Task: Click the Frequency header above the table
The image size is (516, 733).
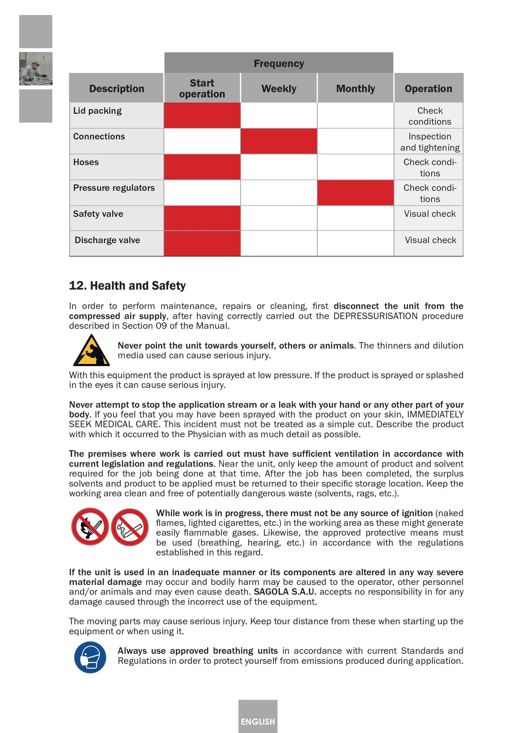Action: [x=279, y=63]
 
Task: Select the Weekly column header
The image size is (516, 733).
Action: [x=279, y=88]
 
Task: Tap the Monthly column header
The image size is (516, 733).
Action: [x=355, y=88]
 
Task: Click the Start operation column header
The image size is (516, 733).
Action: [x=202, y=88]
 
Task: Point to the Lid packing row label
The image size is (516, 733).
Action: [x=97, y=111]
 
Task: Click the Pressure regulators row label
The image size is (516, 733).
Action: [x=114, y=188]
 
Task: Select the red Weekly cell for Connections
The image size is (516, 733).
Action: [x=279, y=141]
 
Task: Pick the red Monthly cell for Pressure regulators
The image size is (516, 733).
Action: [x=355, y=193]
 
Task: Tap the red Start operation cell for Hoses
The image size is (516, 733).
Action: [x=202, y=167]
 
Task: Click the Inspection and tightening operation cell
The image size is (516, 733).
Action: [x=430, y=142]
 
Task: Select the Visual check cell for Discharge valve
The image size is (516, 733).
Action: [x=430, y=240]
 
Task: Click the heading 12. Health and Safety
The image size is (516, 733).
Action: [x=127, y=286]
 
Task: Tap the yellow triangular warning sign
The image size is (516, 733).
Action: [x=91, y=351]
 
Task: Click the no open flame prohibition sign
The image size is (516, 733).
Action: [x=90, y=527]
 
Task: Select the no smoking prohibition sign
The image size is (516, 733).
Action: [x=130, y=527]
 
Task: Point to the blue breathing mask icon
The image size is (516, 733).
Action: [x=90, y=657]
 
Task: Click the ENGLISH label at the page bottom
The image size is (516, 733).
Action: [x=258, y=722]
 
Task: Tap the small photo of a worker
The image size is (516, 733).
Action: [x=36, y=69]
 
